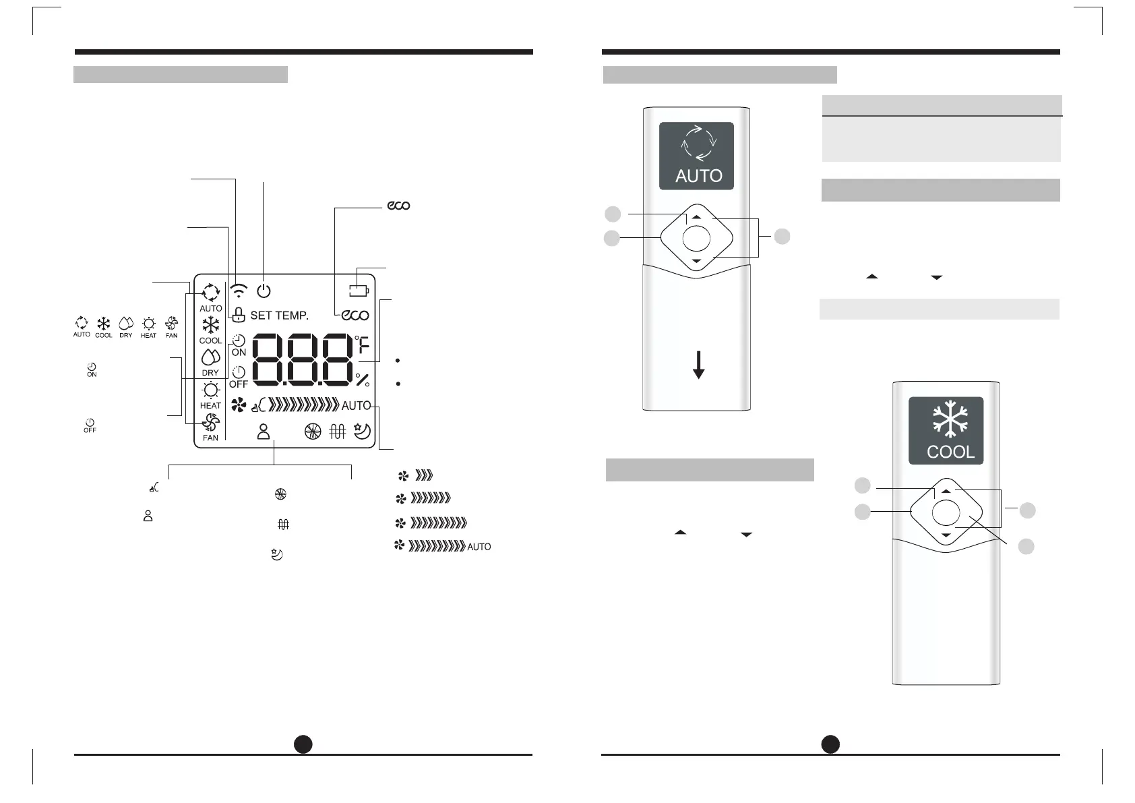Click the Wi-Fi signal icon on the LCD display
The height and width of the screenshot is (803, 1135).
pos(239,291)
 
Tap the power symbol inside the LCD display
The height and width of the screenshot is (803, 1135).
pos(264,291)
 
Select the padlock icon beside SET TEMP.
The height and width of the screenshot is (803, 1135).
pos(238,314)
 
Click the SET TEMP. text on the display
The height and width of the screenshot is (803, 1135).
pos(279,315)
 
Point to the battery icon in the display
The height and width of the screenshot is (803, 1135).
pos(359,291)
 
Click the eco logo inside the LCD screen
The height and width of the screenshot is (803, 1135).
pos(355,315)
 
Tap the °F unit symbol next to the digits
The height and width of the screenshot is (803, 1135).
pos(363,346)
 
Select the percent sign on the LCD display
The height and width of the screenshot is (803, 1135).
pos(363,380)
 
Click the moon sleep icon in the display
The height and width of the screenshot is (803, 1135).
pos(362,432)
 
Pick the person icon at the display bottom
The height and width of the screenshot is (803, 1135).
pos(264,432)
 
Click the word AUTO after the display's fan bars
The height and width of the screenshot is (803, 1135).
pos(356,405)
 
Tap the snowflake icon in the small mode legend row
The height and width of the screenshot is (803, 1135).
pos(103,323)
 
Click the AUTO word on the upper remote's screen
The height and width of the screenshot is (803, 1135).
pos(699,176)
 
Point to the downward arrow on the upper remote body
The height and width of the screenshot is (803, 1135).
pos(699,364)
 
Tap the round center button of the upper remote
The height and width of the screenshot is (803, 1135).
pos(696,238)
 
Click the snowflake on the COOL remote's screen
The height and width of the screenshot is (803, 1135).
pos(950,421)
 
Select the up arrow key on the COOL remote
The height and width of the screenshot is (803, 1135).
pos(946,492)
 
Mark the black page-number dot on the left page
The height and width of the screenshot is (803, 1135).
pos(303,744)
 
